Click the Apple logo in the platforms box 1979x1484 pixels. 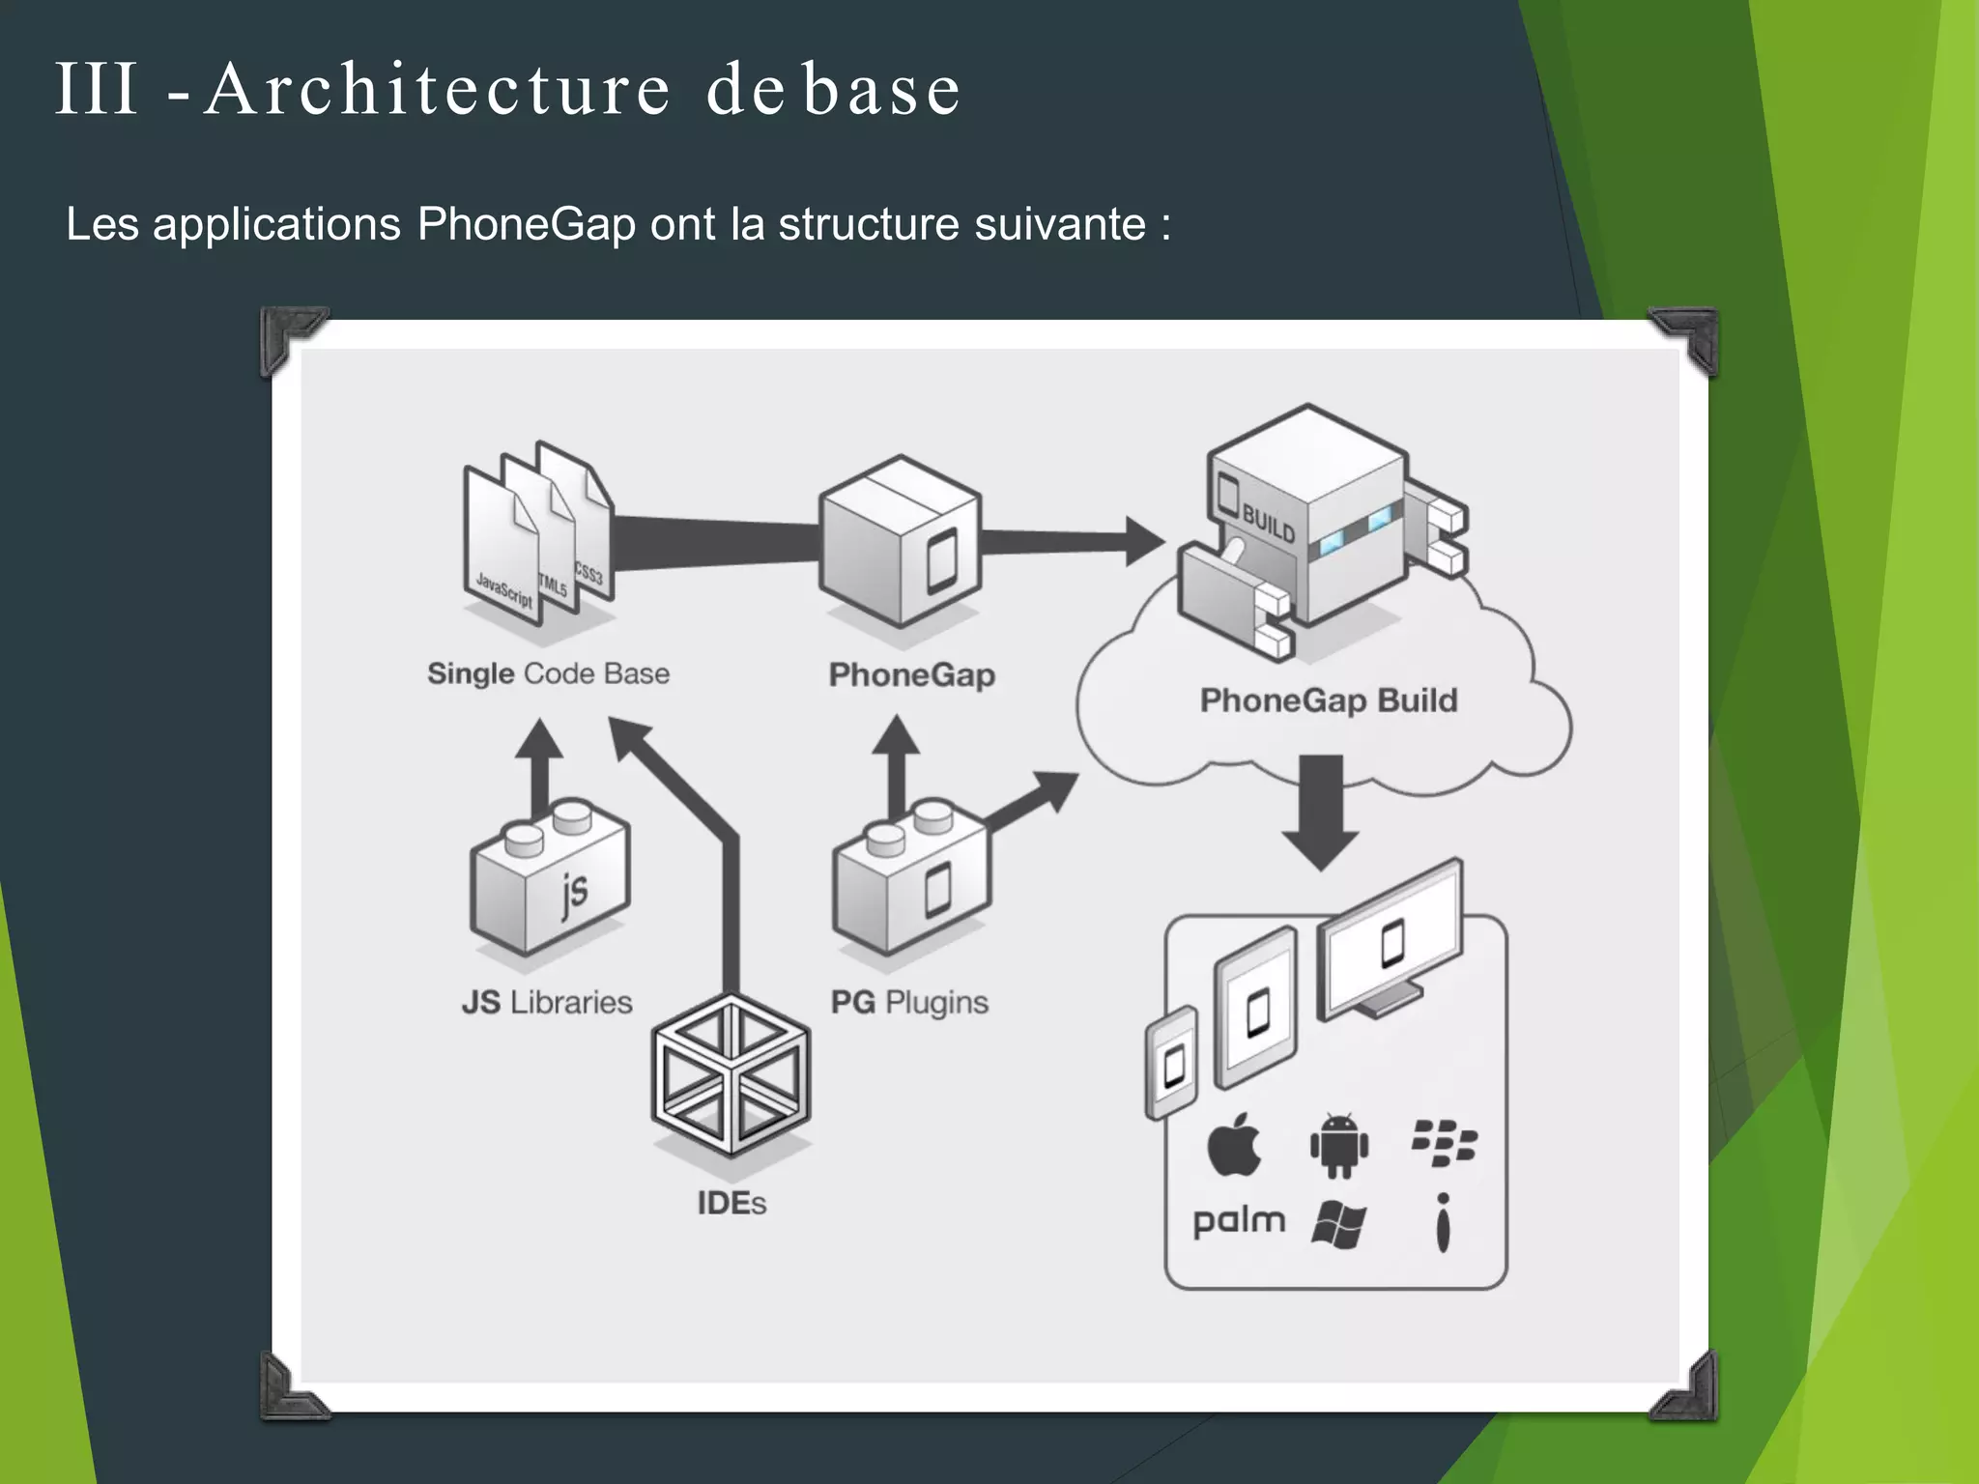click(1235, 1145)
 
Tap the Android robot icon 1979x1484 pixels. click(1338, 1146)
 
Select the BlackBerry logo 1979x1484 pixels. click(1444, 1143)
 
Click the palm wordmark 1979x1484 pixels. click(1239, 1222)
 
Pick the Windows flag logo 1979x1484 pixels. click(1338, 1226)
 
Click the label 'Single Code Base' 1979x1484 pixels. click(548, 673)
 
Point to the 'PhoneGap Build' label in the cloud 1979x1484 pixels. click(1328, 700)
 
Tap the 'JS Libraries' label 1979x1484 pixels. click(547, 1002)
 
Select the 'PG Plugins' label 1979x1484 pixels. click(909, 1002)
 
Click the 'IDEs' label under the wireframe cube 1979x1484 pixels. click(731, 1203)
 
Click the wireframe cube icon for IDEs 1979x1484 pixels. click(731, 1075)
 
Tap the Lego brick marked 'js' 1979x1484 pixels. click(550, 881)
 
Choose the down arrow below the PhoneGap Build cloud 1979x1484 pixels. click(1321, 812)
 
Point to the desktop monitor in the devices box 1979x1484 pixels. click(1391, 942)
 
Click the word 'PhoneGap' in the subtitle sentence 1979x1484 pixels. click(527, 224)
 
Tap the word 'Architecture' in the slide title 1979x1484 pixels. click(438, 90)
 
